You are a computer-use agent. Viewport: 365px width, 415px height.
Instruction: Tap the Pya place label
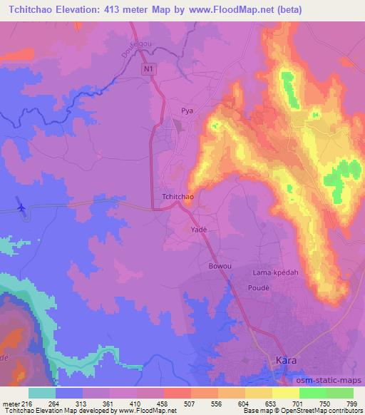click(x=187, y=111)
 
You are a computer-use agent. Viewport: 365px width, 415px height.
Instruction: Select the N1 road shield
click(x=148, y=68)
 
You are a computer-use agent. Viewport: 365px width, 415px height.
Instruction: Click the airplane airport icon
click(x=21, y=207)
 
